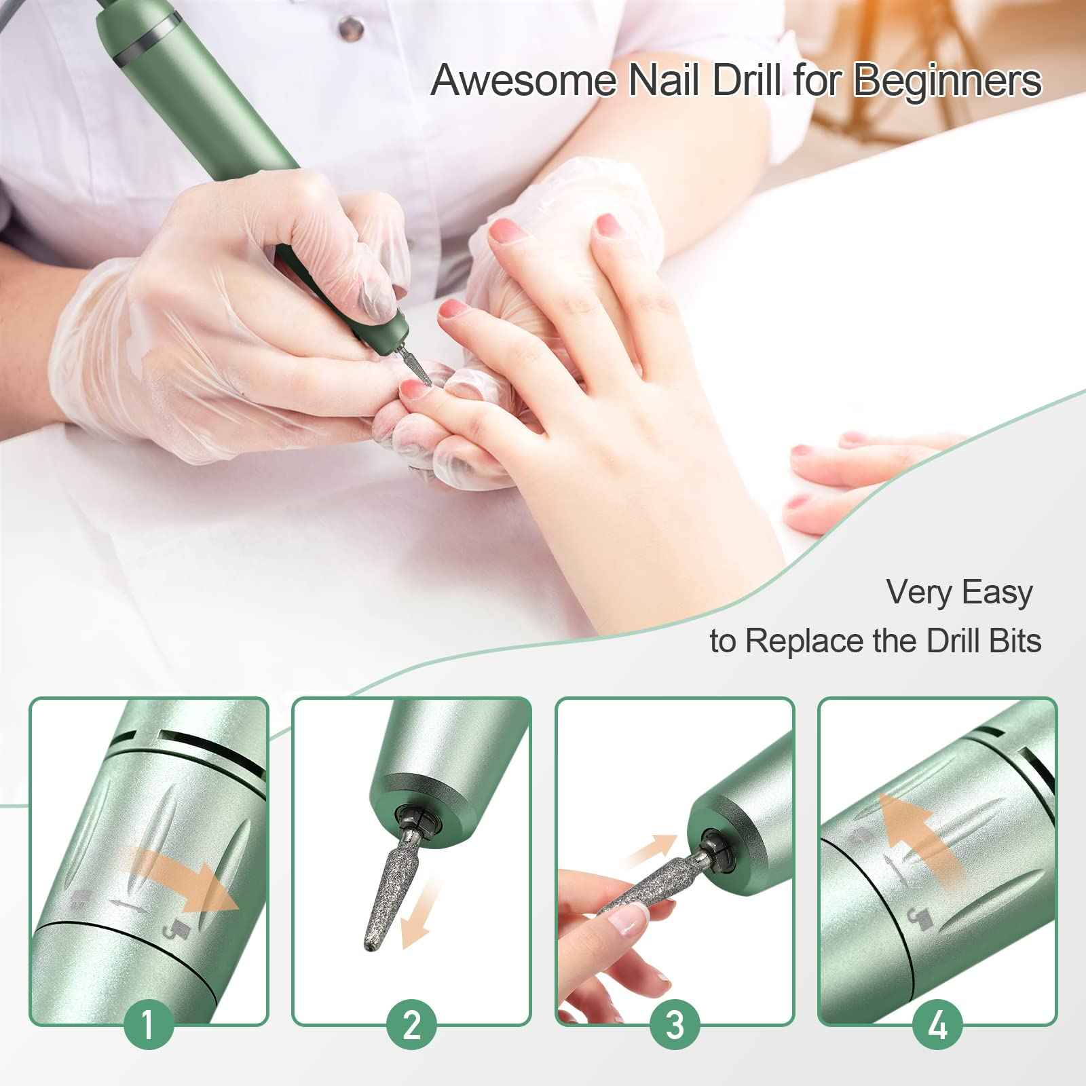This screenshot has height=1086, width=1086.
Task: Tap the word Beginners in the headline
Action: tap(947, 80)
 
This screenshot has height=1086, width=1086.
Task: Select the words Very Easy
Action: tap(959, 592)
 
